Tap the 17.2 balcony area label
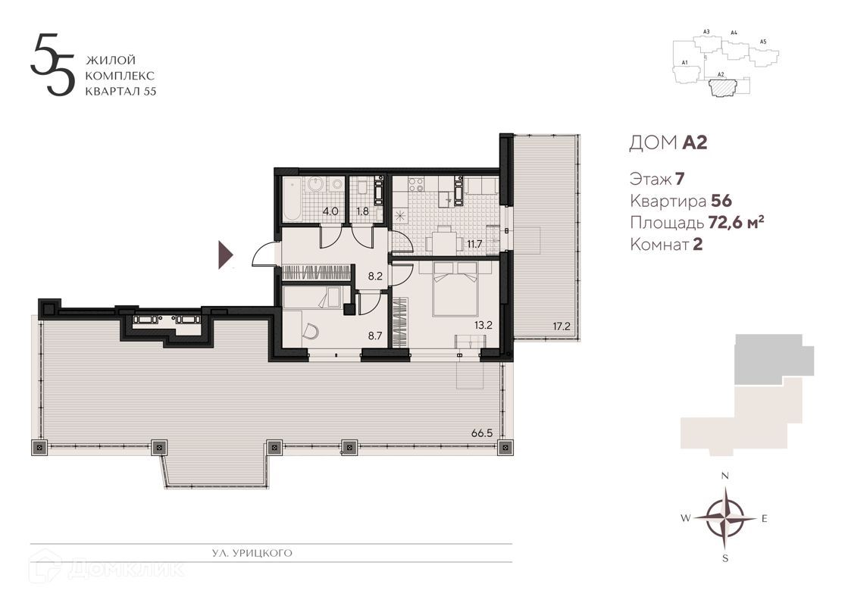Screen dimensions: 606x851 pyautogui.click(x=561, y=326)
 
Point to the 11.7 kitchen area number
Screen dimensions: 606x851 pyautogui.click(x=474, y=243)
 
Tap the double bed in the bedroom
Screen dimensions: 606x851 pyautogui.click(x=455, y=288)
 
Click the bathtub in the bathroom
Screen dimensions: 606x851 pyautogui.click(x=293, y=200)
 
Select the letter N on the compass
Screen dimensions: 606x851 pyautogui.click(x=725, y=476)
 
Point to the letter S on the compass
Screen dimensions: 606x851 pyautogui.click(x=725, y=559)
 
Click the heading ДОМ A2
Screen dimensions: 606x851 pyautogui.click(x=668, y=143)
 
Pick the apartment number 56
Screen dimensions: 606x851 pyautogui.click(x=721, y=201)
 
